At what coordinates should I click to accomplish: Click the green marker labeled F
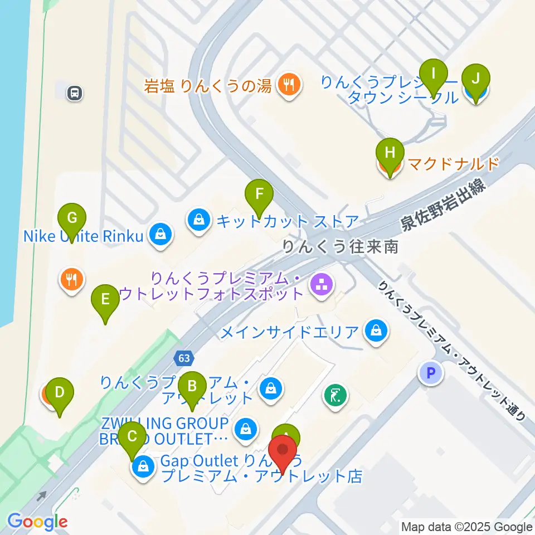point(259,194)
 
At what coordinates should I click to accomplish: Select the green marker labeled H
point(390,152)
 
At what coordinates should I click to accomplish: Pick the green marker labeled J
point(475,78)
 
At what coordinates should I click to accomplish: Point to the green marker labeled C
point(132,435)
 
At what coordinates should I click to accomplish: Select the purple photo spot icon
point(322,285)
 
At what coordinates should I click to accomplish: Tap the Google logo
point(37,522)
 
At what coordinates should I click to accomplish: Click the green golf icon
point(335,397)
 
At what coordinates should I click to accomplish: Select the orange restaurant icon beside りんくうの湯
point(288,85)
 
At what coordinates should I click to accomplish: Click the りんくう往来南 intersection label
point(340,246)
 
